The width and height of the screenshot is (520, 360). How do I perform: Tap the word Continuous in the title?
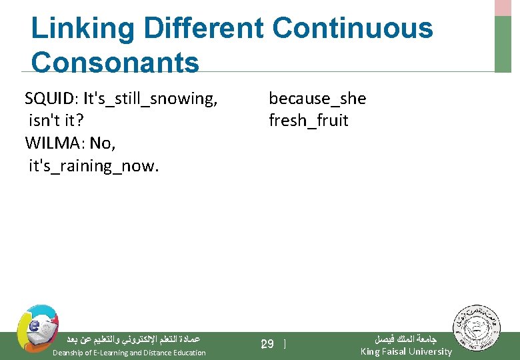click(353, 29)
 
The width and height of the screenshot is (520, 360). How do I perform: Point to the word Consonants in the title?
click(115, 63)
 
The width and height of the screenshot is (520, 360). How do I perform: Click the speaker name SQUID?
click(50, 99)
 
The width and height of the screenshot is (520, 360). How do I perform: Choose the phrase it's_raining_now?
click(93, 165)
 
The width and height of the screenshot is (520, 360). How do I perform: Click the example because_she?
click(317, 99)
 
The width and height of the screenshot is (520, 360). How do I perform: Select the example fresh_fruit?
click(308, 121)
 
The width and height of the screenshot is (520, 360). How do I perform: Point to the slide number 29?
click(267, 344)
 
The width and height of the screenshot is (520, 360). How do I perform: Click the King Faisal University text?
click(405, 351)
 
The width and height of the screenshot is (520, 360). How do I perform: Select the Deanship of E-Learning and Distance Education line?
click(129, 353)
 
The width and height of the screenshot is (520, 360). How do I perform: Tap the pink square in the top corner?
click(503, 7)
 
